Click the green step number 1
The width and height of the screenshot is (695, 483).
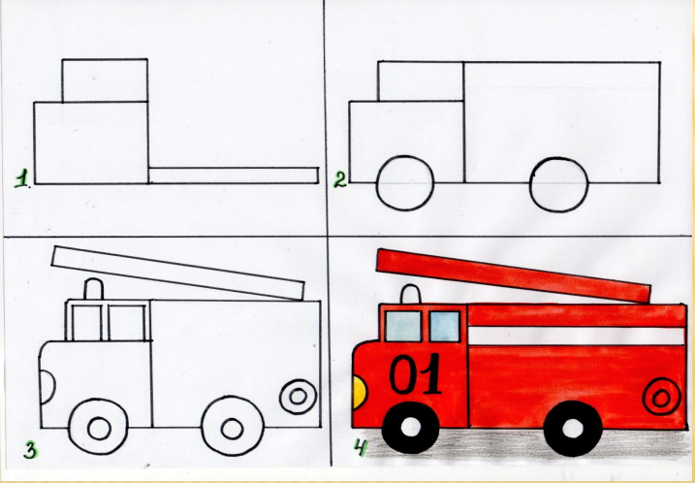tap(22, 180)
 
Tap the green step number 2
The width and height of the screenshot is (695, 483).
tap(340, 179)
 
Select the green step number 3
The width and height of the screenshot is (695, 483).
tap(31, 451)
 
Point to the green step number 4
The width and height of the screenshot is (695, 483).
tap(362, 448)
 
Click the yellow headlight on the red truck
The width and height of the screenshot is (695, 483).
tap(359, 392)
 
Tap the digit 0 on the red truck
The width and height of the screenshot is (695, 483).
tap(404, 374)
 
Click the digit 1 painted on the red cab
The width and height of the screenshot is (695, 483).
tap(430, 373)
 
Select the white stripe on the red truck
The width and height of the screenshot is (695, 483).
tap(577, 336)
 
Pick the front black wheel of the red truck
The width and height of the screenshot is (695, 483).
tap(410, 427)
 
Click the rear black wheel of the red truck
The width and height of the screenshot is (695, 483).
tap(573, 429)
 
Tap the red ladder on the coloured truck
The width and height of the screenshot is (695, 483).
tap(514, 275)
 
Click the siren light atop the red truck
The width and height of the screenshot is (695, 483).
tap(410, 295)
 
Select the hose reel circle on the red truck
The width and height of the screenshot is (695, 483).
tap(661, 397)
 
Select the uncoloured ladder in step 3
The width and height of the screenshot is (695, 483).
tap(177, 273)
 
